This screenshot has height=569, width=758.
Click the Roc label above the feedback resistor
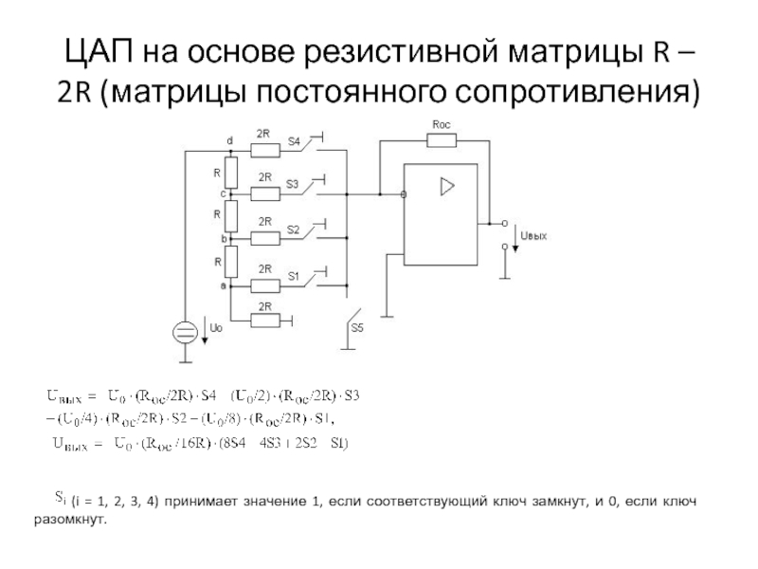441,124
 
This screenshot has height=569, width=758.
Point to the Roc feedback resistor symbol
441,140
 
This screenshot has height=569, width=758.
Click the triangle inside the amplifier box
446,188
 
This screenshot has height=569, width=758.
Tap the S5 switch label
356,327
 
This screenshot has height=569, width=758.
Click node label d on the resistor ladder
228,141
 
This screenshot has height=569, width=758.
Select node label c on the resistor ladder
224,193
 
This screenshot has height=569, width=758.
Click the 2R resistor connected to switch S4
264,148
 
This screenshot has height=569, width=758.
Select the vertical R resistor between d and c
229,172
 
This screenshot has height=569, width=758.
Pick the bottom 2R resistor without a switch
264,320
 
